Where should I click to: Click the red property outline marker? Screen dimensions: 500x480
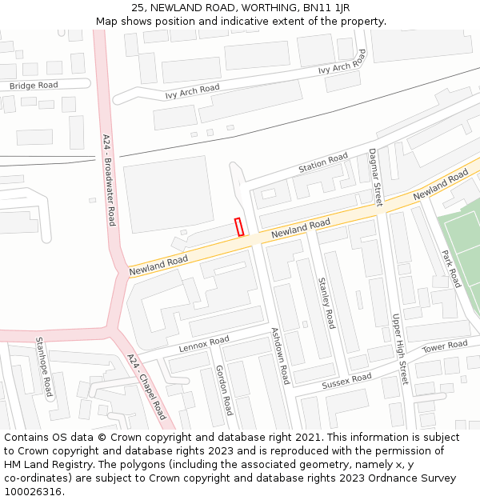[x=239, y=226]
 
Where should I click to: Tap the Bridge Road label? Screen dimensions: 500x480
[x=34, y=86]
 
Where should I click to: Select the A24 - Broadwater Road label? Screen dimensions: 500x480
[x=109, y=180]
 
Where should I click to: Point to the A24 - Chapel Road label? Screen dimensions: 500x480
[x=146, y=387]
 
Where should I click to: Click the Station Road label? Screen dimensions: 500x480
[x=323, y=163]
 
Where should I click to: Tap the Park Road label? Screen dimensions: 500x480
[x=451, y=269]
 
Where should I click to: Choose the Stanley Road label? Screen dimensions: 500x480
[x=326, y=303]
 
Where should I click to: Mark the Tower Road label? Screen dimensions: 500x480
[x=445, y=346]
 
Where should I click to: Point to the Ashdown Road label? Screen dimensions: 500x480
[x=279, y=356]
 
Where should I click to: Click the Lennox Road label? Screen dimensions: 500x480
[x=204, y=345]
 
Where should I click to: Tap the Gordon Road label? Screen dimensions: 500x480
[x=223, y=390]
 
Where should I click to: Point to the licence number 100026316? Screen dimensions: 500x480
[x=33, y=492]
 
